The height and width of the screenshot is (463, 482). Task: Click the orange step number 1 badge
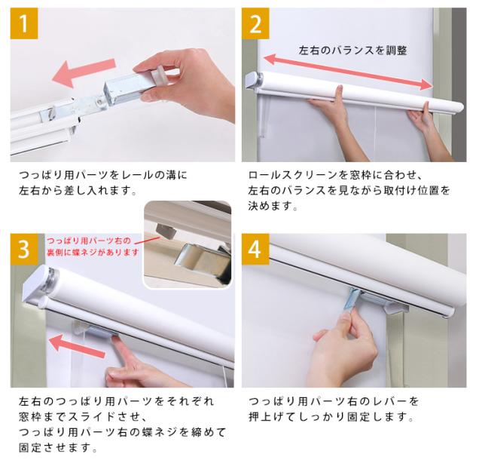(x=24, y=23)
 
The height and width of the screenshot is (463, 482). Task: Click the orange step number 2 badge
(x=255, y=23)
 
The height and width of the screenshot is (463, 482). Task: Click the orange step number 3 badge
(x=24, y=249)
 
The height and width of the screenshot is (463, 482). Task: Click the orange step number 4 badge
(x=255, y=249)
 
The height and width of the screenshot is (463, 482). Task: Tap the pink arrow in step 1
(x=84, y=72)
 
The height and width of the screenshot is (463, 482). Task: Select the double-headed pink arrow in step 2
(x=348, y=72)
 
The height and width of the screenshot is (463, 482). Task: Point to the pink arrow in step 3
(x=77, y=346)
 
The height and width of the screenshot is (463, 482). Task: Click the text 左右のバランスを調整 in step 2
(x=353, y=51)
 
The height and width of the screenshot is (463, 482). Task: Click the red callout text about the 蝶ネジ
(x=93, y=247)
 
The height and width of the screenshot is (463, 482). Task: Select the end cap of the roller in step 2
(x=253, y=81)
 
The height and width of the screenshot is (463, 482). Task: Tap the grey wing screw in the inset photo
(x=166, y=231)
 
